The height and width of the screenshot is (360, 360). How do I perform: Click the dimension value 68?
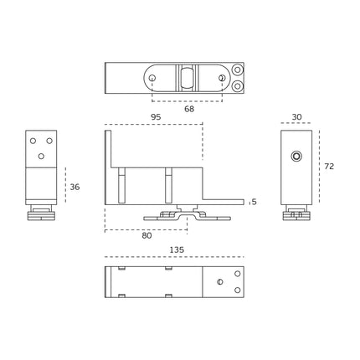tap(189, 109)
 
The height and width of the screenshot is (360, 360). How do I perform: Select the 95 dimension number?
tap(156, 117)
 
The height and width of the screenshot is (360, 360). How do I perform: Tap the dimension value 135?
tap(177, 249)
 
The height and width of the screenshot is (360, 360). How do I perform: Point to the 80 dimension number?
tap(147, 235)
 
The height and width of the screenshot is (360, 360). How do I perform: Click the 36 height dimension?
tap(75, 187)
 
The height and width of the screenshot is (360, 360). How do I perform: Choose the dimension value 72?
tap(329, 167)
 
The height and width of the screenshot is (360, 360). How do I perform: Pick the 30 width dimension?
tap(296, 117)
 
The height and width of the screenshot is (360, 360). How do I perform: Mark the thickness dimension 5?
tap(254, 202)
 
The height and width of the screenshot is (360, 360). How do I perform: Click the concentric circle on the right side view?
tap(296, 156)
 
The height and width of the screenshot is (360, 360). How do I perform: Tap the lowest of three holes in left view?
tap(41, 157)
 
